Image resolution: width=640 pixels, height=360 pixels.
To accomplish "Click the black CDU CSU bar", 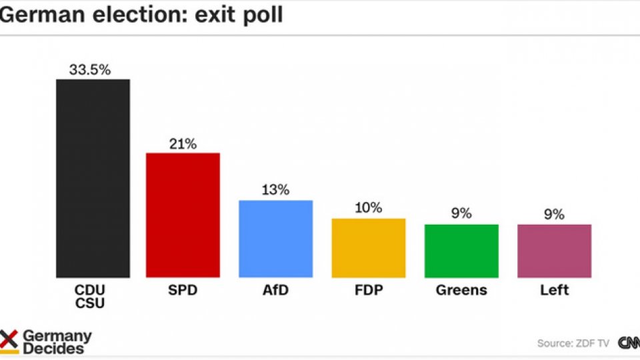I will (93, 178).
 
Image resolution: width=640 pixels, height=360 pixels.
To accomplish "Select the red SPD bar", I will (183, 215).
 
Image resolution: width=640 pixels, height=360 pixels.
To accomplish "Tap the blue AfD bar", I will (275, 239).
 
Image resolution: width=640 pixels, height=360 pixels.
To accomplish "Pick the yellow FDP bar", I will (368, 247).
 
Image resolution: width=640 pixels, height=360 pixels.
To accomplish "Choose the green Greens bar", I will (461, 251).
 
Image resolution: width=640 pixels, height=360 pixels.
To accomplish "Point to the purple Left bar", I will (554, 251).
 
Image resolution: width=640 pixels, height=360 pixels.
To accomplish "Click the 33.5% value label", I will (90, 69).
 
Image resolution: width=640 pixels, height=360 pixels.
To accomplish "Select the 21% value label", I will (183, 143).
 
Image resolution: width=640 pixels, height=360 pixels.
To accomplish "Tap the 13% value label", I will (275, 190).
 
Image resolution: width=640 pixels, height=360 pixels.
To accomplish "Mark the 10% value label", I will (368, 208).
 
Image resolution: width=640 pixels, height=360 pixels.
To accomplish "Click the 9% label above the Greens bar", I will (461, 214).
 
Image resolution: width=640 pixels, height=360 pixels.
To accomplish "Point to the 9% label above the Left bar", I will (554, 214).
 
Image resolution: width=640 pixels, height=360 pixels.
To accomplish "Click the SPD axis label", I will (183, 291).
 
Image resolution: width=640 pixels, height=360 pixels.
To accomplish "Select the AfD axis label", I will (275, 291).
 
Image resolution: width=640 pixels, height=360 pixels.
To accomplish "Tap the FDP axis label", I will (368, 291).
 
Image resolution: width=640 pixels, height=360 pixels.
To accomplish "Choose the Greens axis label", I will (461, 291).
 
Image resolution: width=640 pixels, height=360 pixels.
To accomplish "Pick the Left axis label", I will (554, 291).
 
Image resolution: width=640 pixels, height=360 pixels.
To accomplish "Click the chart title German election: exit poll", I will (141, 15).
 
